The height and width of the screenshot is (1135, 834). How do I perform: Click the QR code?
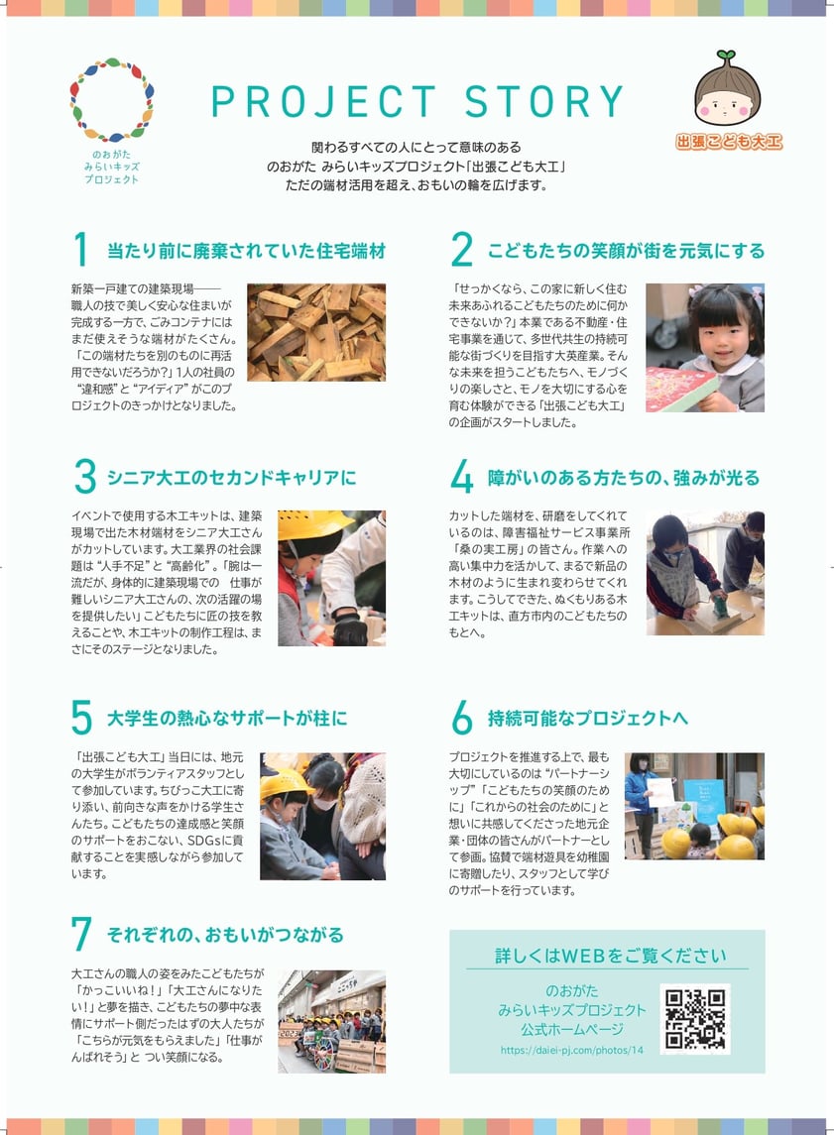695,1018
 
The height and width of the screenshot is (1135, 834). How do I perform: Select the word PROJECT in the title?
323,101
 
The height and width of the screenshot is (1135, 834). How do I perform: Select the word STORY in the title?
544,101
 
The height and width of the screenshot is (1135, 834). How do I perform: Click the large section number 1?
80,250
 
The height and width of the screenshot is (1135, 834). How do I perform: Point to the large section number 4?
461,477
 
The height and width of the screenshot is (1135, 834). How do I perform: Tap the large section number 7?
81,934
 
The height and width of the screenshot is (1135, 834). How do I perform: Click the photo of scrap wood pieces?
316,332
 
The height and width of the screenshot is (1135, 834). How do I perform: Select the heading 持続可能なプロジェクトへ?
587,718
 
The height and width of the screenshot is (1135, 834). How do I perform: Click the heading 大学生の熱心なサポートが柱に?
227,718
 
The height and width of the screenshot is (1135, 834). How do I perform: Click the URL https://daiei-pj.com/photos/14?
572,1051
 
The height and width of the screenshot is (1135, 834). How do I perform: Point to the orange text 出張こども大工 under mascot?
729,142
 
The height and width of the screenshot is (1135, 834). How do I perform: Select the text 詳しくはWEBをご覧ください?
610,956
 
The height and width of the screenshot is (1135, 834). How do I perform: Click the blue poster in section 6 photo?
704,803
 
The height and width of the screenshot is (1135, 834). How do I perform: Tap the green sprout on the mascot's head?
726,56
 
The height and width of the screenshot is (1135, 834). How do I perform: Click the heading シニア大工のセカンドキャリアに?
232,478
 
